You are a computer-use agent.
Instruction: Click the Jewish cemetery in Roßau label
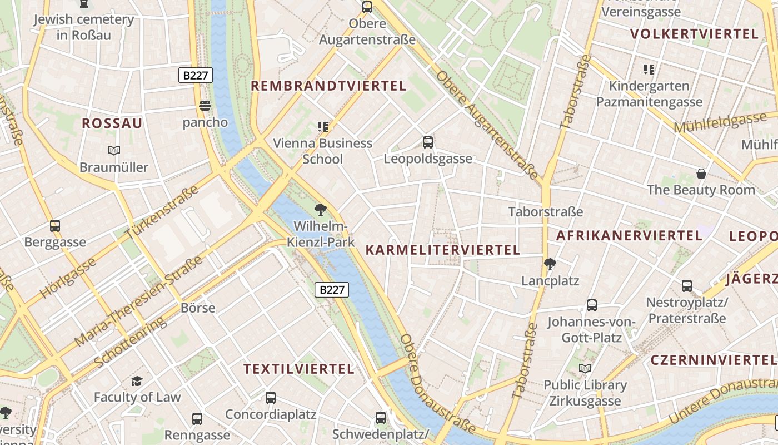[x=84, y=27]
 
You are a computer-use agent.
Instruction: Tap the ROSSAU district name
[x=112, y=123]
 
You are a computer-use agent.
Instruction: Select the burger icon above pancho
[x=205, y=106]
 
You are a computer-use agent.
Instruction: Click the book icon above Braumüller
[x=114, y=150]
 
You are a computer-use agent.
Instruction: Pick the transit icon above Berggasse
[x=55, y=226]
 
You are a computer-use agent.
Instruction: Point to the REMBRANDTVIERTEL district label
[x=328, y=86]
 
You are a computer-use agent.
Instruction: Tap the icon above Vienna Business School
[x=322, y=127]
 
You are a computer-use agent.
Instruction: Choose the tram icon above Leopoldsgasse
[x=428, y=142]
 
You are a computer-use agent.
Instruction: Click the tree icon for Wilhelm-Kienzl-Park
[x=320, y=210]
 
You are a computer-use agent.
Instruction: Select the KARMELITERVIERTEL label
[x=442, y=250]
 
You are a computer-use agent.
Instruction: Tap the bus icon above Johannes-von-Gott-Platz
[x=592, y=305]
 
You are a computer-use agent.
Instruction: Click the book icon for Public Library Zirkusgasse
[x=585, y=368]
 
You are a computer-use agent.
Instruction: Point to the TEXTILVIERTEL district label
[x=299, y=369]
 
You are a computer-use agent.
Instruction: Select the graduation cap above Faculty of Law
[x=137, y=381]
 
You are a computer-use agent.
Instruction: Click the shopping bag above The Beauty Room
[x=701, y=174]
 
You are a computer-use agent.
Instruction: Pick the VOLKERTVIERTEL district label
[x=694, y=34]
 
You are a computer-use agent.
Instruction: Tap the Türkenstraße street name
[x=162, y=213]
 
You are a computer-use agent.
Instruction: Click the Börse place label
[x=198, y=308]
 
